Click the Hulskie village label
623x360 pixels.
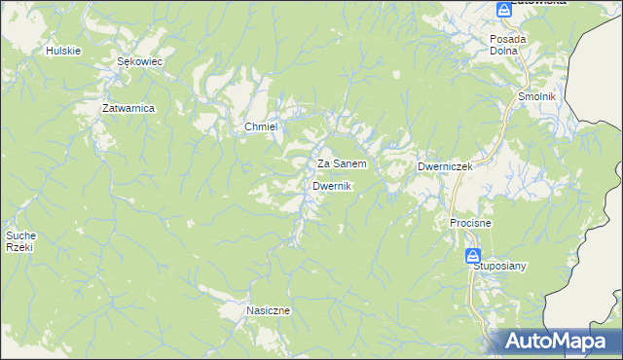point(62,50)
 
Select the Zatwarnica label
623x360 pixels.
point(129,108)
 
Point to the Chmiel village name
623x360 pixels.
point(261,127)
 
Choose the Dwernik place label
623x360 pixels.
point(332,186)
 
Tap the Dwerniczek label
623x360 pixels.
point(445,166)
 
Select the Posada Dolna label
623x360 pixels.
point(508,46)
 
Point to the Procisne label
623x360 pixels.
point(470,223)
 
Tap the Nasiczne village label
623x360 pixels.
point(269,310)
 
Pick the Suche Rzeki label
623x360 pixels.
point(20,240)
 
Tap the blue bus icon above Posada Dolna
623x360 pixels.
point(503,11)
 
